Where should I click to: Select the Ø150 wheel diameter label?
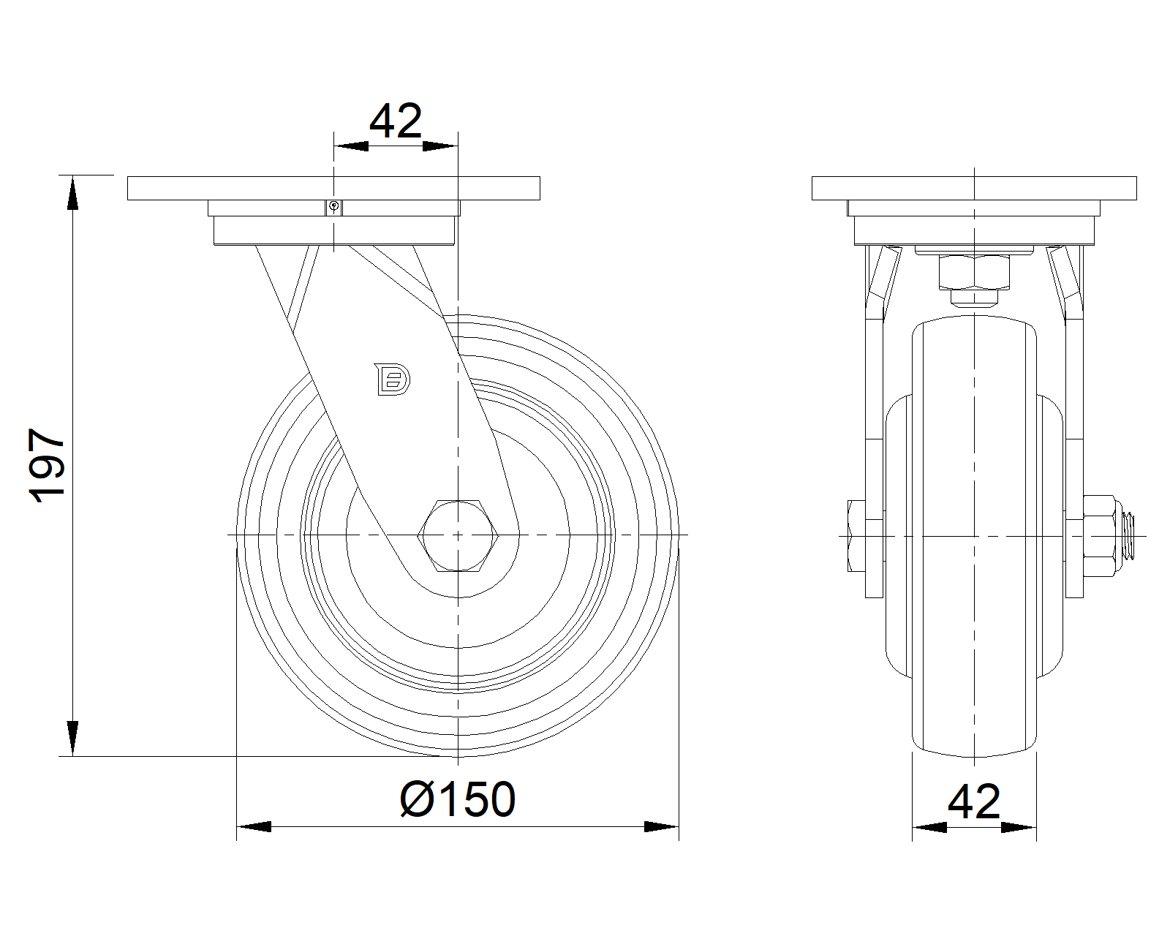click(458, 799)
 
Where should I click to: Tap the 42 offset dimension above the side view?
click(396, 121)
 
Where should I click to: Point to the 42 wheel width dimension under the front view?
click(974, 801)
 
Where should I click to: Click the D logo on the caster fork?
click(392, 379)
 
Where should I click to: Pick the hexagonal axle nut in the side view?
click(458, 535)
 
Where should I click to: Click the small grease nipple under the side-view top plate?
click(334, 207)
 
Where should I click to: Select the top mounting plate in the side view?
click(334, 188)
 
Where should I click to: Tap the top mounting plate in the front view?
click(974, 188)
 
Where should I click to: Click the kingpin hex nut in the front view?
click(974, 272)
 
